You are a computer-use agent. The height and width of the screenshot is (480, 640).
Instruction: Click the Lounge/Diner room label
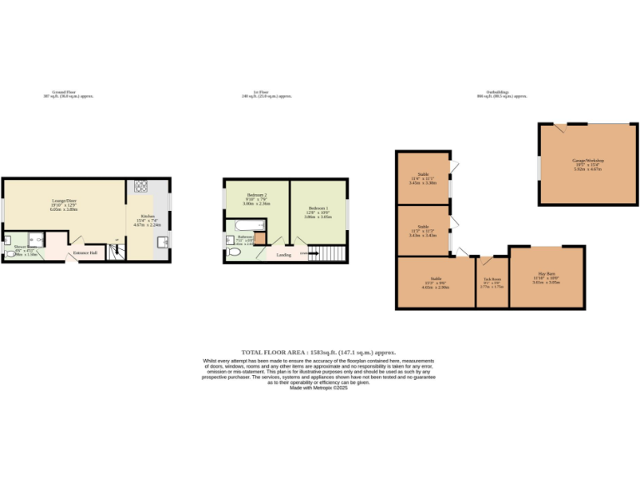(64, 201)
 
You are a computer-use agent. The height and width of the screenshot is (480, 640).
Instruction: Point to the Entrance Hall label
(85, 252)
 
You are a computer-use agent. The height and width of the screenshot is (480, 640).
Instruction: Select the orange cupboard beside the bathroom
(260, 240)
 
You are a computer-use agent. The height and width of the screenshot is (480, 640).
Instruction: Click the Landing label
(284, 255)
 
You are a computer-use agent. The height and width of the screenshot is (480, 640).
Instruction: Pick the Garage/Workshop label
(587, 159)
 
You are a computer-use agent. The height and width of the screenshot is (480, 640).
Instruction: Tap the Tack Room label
(492, 279)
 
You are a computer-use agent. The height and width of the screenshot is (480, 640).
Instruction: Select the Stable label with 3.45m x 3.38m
(423, 174)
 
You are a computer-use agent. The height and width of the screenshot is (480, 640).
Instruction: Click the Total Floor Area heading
(317, 352)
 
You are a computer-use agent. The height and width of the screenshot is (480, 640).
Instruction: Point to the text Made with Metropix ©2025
(317, 387)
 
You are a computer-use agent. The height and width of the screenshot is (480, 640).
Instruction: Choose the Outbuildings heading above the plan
(501, 92)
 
